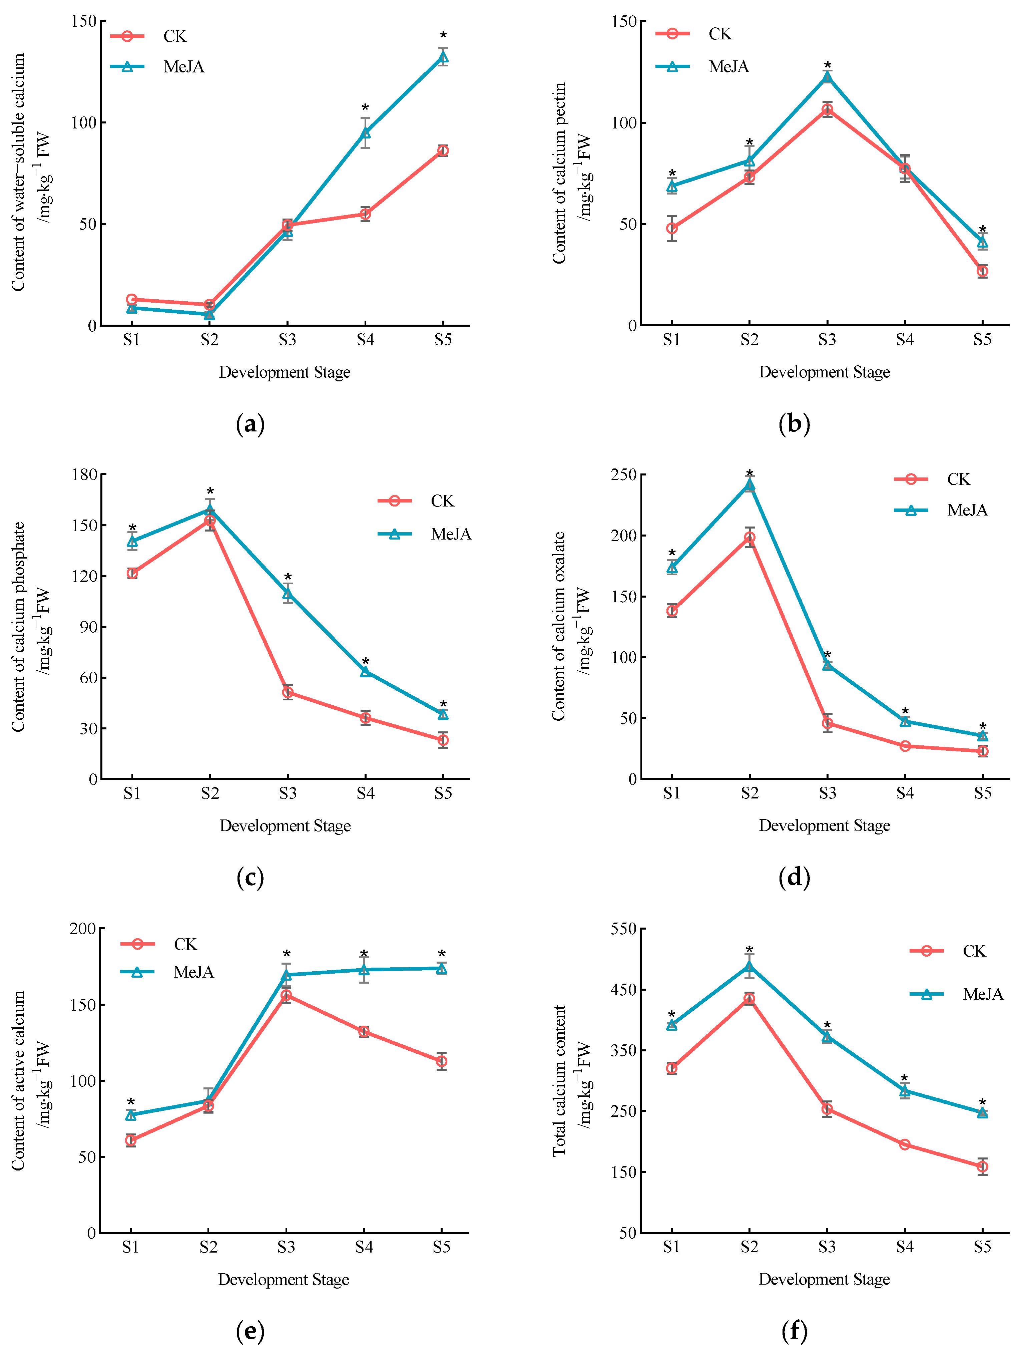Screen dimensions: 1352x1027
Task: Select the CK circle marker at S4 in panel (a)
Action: point(365,214)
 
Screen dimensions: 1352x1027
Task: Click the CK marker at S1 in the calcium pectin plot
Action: point(672,229)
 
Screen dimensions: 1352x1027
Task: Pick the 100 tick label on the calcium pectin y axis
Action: point(623,122)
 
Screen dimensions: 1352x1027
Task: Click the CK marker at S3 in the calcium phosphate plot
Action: point(287,692)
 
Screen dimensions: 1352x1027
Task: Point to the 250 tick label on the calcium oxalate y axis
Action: point(623,474)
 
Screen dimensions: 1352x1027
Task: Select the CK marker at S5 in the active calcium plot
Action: point(441,1061)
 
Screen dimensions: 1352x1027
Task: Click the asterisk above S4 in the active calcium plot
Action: point(364,954)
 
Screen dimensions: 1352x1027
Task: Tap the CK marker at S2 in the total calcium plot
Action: point(749,999)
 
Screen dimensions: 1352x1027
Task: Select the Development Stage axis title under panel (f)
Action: point(824,1279)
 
